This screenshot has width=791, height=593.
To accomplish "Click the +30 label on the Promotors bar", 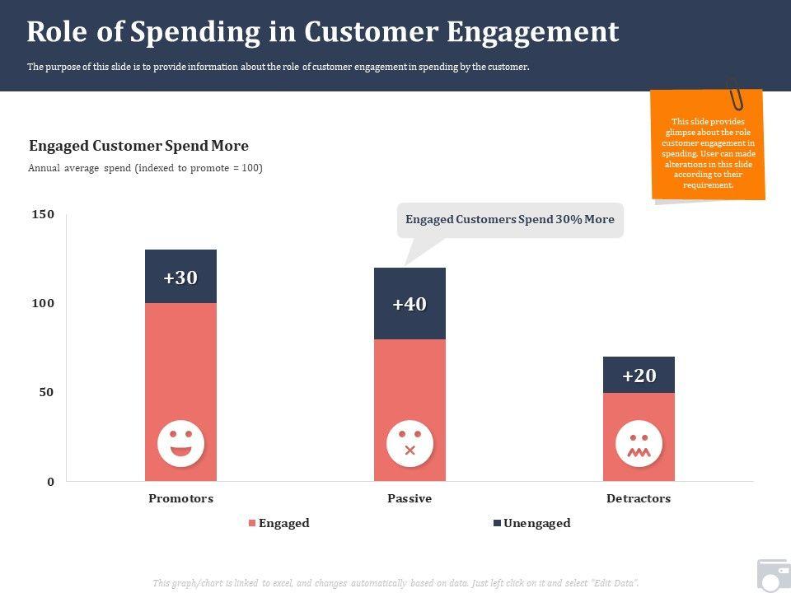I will tap(180, 278).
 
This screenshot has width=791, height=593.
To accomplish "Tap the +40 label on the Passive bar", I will tap(410, 305).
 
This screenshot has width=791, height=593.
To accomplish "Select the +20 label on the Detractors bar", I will tap(639, 376).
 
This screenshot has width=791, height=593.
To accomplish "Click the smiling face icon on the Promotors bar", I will tap(180, 443).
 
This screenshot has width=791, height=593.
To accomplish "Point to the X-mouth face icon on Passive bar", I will tap(410, 443).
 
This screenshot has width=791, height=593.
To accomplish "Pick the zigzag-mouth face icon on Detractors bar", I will tap(639, 443).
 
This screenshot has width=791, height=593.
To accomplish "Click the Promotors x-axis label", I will tap(180, 498).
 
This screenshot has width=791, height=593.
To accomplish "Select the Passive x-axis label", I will tap(410, 498).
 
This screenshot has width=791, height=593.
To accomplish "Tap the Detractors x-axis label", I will tap(639, 498).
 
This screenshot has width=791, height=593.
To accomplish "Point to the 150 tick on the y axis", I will tap(43, 214).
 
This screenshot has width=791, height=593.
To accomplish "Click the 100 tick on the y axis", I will tap(43, 303).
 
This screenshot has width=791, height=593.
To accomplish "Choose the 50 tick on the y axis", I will tap(47, 392).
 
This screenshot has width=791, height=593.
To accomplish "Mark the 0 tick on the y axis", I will tap(50, 482).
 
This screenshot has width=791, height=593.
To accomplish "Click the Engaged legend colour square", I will tap(252, 524).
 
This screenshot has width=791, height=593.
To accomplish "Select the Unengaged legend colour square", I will tap(497, 524).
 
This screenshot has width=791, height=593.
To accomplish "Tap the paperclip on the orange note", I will tap(734, 94).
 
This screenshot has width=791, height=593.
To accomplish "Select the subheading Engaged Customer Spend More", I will tap(138, 146).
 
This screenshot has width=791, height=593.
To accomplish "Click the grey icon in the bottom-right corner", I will tap(773, 576).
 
